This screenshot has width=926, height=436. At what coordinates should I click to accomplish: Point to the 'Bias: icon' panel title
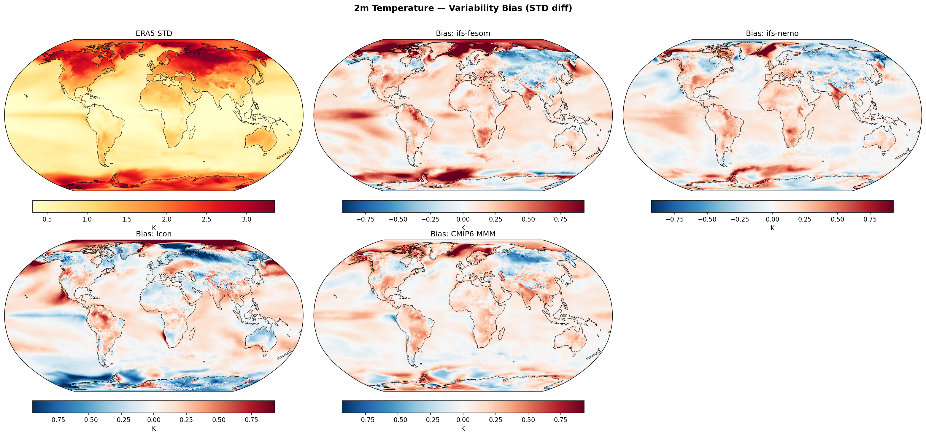click(x=154, y=234)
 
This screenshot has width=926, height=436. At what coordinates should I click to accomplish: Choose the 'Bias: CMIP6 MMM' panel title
click(x=463, y=234)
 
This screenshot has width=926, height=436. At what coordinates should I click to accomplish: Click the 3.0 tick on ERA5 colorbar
click(x=246, y=219)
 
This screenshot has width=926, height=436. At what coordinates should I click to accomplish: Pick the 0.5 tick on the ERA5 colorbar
click(x=47, y=219)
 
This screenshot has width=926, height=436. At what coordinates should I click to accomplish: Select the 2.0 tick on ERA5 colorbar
click(x=166, y=219)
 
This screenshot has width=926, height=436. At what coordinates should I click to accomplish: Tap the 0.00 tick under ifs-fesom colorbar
click(x=463, y=219)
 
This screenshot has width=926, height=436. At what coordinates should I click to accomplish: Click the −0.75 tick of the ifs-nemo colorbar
click(x=674, y=219)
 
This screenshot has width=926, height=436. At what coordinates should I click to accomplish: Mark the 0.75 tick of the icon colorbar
click(x=251, y=420)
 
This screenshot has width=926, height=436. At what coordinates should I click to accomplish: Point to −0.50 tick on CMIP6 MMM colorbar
click(x=398, y=420)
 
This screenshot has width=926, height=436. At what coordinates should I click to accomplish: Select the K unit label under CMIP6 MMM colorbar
click(x=463, y=429)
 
